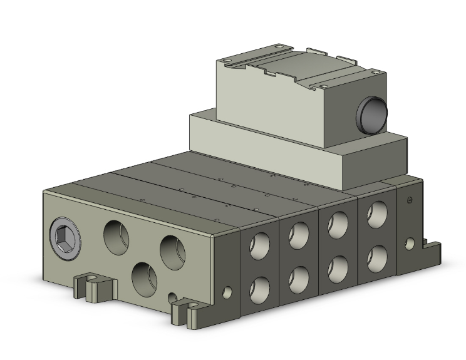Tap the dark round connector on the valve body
click(372, 114)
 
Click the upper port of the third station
click(338, 224)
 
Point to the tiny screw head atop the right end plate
click(410, 200)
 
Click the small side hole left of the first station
click(227, 291)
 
